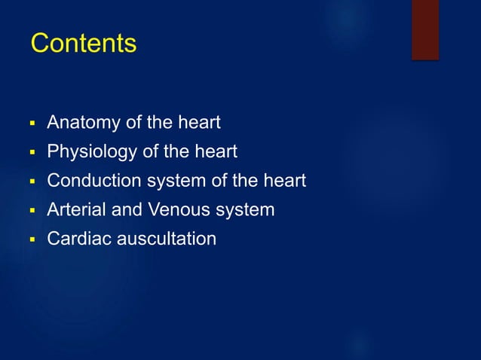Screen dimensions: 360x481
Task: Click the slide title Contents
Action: click(83, 44)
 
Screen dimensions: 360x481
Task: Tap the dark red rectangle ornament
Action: click(424, 29)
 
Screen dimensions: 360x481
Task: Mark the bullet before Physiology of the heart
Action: click(32, 153)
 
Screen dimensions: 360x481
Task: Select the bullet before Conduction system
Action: click(32, 182)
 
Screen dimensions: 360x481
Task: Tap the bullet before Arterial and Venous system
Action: click(32, 211)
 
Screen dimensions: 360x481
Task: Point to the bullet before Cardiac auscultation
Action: click(32, 240)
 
